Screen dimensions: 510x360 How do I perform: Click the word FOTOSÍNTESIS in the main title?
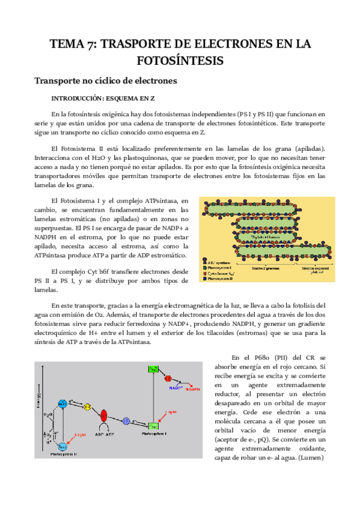tap(180, 60)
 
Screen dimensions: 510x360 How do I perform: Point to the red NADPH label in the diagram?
tap(193, 389)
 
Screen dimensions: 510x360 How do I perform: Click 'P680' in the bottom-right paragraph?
tap(257, 358)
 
